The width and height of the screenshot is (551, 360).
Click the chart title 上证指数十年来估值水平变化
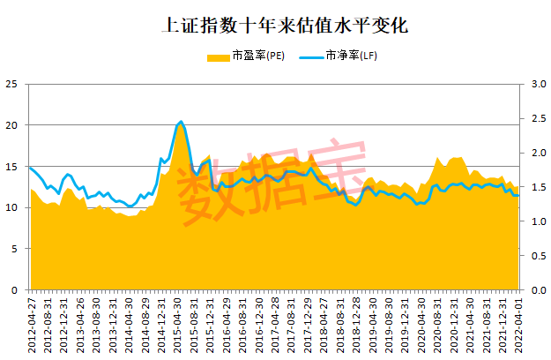(x=274, y=26)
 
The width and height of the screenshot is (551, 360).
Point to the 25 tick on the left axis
(x=11, y=85)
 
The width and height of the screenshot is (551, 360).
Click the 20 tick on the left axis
(x=11, y=125)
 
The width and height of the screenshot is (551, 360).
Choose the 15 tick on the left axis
(x=11, y=167)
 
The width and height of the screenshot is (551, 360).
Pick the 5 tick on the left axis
(x=14, y=249)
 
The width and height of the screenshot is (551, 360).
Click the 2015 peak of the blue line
(x=181, y=122)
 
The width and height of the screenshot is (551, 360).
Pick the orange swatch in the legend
(x=218, y=56)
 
